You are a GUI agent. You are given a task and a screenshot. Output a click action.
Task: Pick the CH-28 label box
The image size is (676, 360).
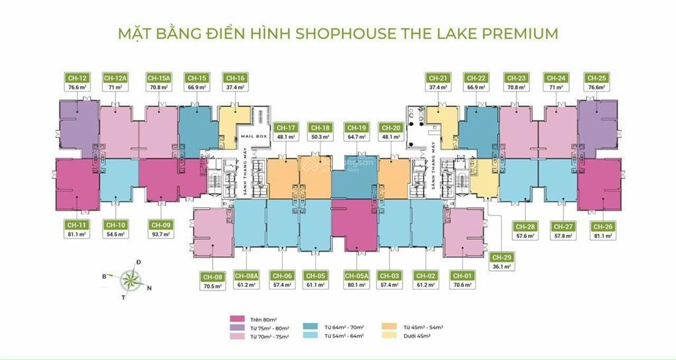[x=525, y=227]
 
